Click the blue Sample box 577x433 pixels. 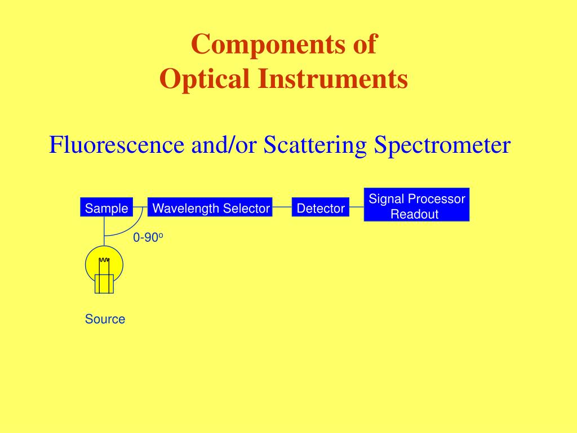click(x=106, y=207)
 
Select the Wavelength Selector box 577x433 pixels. click(x=210, y=207)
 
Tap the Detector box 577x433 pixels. click(x=320, y=207)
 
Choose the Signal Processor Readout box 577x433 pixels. click(x=416, y=205)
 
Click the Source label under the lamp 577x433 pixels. click(x=105, y=319)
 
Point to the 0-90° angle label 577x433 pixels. click(x=148, y=237)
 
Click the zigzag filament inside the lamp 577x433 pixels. click(x=104, y=260)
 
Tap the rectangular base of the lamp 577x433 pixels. click(x=104, y=284)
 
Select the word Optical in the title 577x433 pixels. click(x=204, y=79)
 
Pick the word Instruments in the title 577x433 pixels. click(x=333, y=78)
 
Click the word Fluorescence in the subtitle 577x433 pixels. click(x=117, y=144)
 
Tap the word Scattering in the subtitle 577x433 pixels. click(x=315, y=145)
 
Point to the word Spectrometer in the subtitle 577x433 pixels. click(x=442, y=145)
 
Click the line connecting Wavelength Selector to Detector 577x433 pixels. click(x=282, y=207)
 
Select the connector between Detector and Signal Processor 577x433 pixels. click(x=357, y=207)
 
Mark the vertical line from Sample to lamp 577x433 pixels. click(x=104, y=231)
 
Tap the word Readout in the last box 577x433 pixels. click(x=414, y=214)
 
